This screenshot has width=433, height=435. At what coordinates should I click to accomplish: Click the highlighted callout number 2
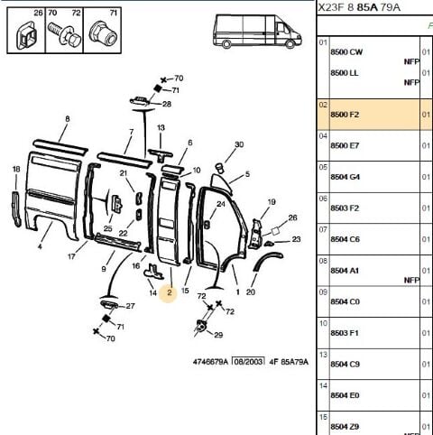(170, 292)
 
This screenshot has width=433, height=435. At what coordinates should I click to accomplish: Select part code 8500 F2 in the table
(345, 115)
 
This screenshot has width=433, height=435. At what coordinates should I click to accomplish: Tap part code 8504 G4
(345, 177)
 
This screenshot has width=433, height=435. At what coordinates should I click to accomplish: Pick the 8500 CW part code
(346, 52)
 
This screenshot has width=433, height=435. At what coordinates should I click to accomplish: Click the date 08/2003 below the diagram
(249, 361)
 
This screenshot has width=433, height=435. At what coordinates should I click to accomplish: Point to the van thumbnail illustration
(257, 32)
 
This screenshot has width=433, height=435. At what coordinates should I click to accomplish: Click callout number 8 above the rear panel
(68, 119)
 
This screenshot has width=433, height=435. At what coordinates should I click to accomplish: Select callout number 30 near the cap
(239, 144)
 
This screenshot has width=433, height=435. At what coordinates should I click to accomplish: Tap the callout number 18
(16, 169)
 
